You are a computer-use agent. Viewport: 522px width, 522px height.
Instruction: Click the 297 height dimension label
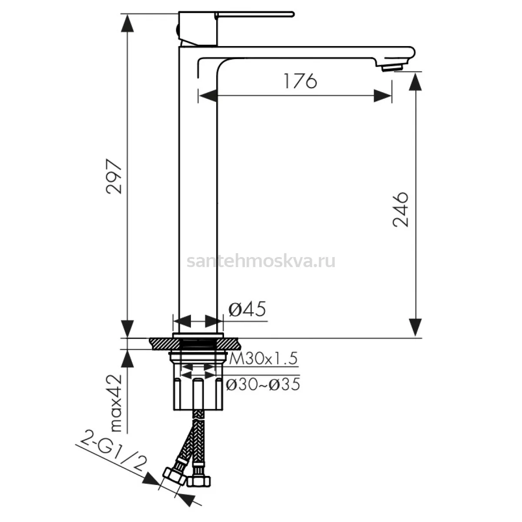click(114, 176)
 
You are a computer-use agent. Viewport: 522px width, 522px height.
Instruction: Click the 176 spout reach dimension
click(301, 80)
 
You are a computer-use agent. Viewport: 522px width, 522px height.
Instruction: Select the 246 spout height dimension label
click(400, 209)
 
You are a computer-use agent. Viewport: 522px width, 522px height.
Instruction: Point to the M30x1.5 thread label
click(263, 358)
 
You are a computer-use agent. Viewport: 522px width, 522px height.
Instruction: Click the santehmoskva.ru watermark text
click(261, 261)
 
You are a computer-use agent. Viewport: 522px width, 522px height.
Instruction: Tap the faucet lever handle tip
click(293, 14)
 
